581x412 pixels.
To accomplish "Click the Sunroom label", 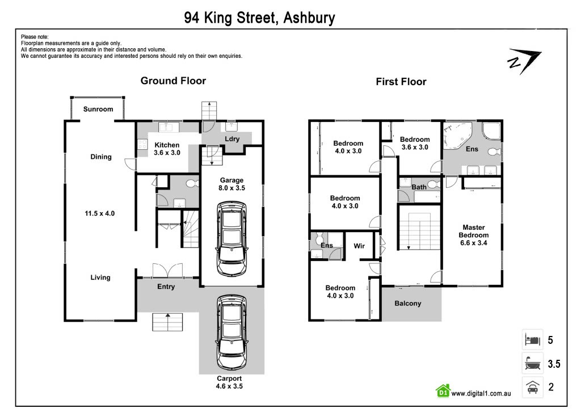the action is click(x=98, y=109).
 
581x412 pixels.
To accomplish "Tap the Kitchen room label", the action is click(x=167, y=145).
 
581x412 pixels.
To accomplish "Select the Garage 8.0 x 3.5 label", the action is click(x=231, y=184).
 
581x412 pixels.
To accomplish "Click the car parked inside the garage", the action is click(x=232, y=238).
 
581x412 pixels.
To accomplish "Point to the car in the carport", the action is click(x=232, y=333).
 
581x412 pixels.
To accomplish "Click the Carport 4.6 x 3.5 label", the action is click(x=229, y=382).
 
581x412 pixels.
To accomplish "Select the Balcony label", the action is click(x=407, y=303).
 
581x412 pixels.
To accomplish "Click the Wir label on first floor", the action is click(x=359, y=246).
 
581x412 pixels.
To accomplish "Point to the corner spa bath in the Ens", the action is click(x=458, y=134).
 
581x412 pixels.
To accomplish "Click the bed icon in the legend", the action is click(x=532, y=339).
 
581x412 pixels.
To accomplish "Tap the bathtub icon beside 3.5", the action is click(x=532, y=363).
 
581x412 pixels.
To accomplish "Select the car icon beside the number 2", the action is click(x=532, y=387).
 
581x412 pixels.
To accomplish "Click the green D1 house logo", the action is click(x=443, y=390).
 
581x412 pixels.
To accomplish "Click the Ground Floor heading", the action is click(x=173, y=81).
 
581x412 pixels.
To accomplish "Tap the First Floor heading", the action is click(x=401, y=82).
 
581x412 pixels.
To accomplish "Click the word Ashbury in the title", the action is click(x=309, y=18).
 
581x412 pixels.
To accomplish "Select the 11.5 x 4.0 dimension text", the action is click(x=100, y=213).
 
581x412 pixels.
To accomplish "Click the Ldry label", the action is click(x=232, y=139).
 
